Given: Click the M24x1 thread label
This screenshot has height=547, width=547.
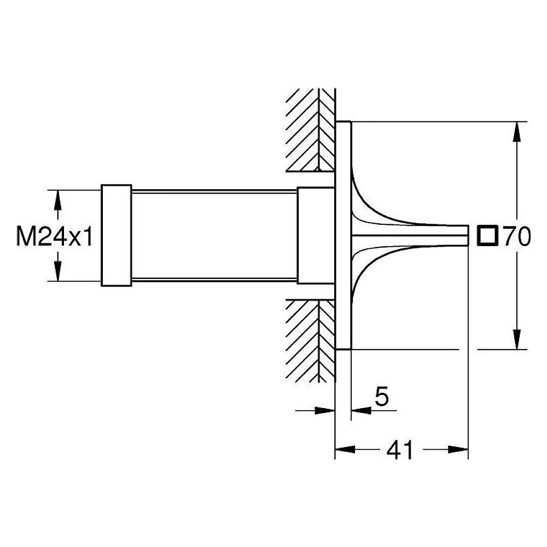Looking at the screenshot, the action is (x=55, y=236).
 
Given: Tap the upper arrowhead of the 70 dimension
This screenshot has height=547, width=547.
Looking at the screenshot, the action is (x=517, y=131).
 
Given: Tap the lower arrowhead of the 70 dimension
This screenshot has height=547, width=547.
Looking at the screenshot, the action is (x=517, y=339).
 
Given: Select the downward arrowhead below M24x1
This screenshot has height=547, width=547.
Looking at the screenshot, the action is (x=58, y=271).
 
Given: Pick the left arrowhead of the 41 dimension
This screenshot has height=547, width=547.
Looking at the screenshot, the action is (x=345, y=450).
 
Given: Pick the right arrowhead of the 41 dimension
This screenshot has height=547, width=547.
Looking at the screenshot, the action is (x=458, y=450).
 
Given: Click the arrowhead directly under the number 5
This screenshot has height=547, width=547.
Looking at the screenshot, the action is (x=361, y=410).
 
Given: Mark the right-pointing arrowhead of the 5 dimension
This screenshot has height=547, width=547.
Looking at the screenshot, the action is (x=325, y=410).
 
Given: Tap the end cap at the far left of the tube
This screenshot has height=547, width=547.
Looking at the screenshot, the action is (x=117, y=235).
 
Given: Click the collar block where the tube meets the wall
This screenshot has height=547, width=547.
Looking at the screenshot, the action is (x=316, y=235).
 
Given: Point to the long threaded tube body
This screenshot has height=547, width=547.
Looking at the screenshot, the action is (x=214, y=235).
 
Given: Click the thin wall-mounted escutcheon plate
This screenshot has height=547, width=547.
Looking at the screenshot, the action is (x=343, y=235).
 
